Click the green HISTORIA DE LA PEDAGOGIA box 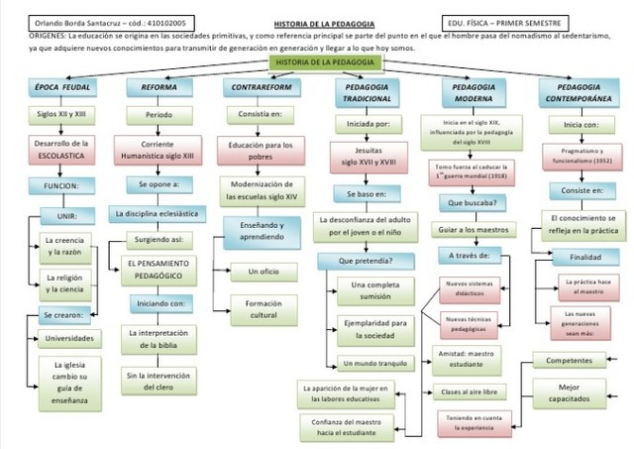coord(318,61)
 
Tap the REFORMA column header coord(158,87)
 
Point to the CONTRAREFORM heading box coord(261,87)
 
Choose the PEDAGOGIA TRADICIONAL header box coord(367,93)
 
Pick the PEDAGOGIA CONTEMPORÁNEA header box coord(579,93)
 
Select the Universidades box coord(71,338)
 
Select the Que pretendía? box coord(365,261)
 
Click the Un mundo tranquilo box coord(372,363)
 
